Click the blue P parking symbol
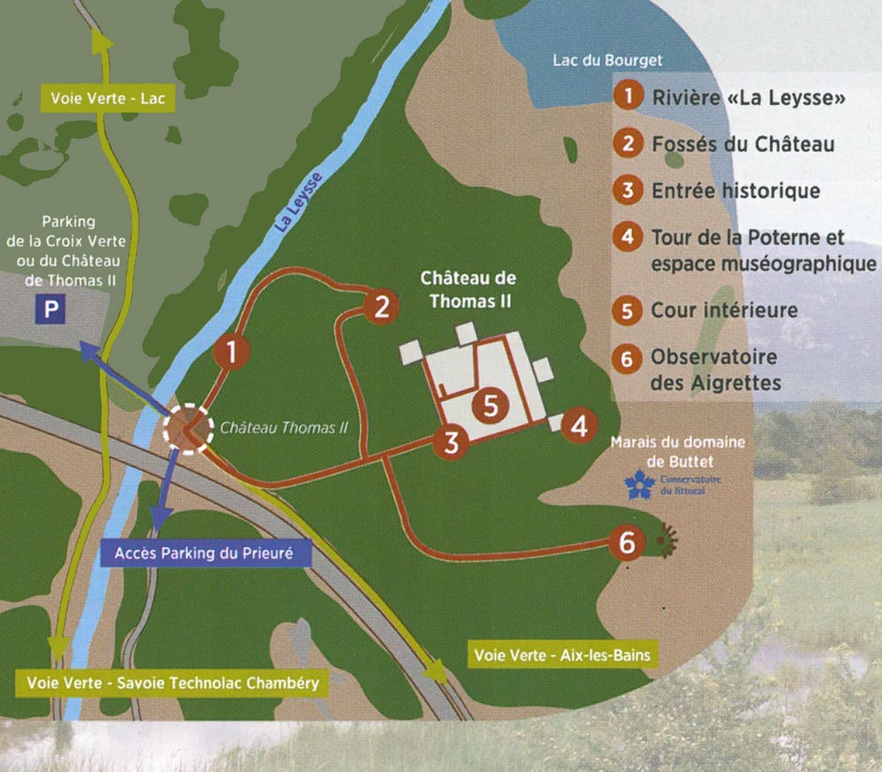51,310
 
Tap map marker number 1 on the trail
231,352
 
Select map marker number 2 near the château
382,307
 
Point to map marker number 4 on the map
579,425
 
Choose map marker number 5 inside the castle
490,405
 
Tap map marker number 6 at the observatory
626,543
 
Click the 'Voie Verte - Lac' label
107,99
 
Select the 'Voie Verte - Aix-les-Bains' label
562,655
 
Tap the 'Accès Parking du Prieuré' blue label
204,553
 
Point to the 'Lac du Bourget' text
607,60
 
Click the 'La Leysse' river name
298,202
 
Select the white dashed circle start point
187,429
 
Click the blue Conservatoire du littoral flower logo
639,484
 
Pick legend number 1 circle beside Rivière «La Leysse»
628,95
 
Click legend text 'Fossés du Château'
743,144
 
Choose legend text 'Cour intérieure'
723,310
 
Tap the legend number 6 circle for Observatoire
627,357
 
